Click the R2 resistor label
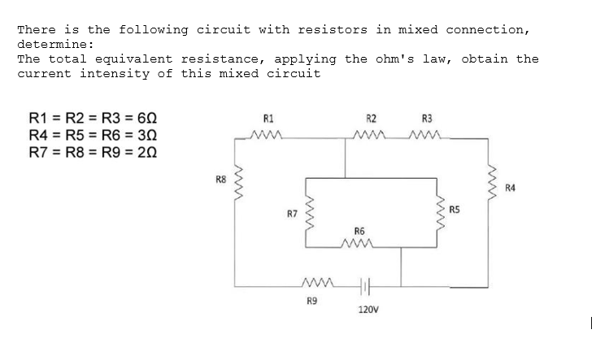pyautogui.click(x=371, y=118)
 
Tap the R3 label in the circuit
pyautogui.click(x=428, y=118)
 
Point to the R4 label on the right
pyautogui.click(x=510, y=189)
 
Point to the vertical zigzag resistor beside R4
pyautogui.click(x=489, y=183)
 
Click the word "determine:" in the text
pyautogui.click(x=55, y=44)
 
